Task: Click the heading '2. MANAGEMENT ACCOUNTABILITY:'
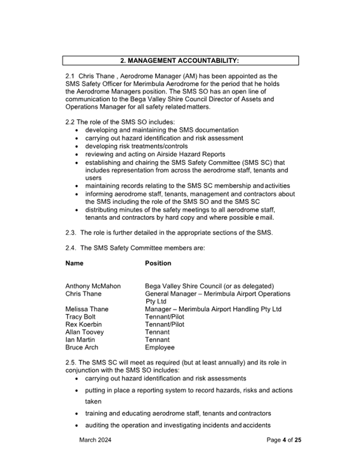click(x=180, y=61)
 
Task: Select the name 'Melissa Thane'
click(x=87, y=309)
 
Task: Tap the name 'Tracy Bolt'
click(x=81, y=316)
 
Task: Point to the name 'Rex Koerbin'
click(x=83, y=324)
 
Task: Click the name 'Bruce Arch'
click(x=82, y=347)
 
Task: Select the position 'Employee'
click(x=159, y=347)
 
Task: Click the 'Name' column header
click(x=74, y=263)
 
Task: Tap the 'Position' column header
click(x=158, y=263)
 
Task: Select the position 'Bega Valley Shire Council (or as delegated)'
click(x=209, y=286)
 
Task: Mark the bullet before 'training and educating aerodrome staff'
click(x=79, y=414)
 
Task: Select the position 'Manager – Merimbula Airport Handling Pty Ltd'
click(x=213, y=309)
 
